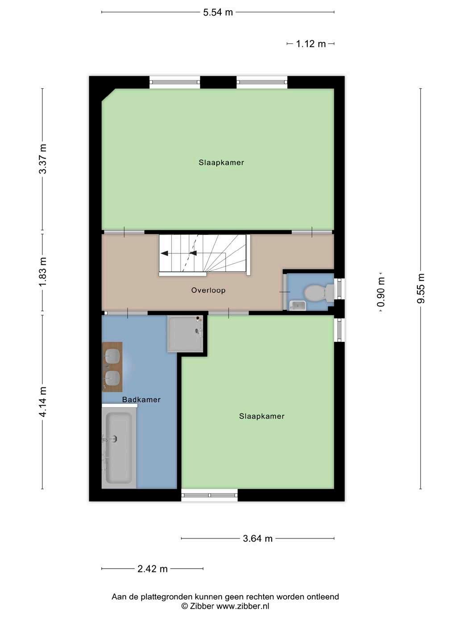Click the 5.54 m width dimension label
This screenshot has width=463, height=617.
pyautogui.click(x=218, y=12)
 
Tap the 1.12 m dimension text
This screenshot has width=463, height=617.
pyautogui.click(x=310, y=44)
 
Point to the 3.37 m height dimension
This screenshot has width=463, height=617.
pyautogui.click(x=43, y=159)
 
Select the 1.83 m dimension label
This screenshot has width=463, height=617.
pyautogui.click(x=43, y=272)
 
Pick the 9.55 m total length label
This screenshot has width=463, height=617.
pyautogui.click(x=421, y=288)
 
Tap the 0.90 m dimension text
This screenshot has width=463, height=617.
pyautogui.click(x=381, y=292)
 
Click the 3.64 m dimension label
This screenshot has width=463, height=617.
pyautogui.click(x=257, y=539)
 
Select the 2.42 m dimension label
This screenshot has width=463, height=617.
pyautogui.click(x=153, y=569)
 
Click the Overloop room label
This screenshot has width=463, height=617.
pyautogui.click(x=208, y=290)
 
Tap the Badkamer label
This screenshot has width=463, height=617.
pyautogui.click(x=141, y=400)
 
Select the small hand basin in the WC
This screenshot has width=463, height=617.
pyautogui.click(x=298, y=305)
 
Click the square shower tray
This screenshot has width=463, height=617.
pyautogui.click(x=185, y=333)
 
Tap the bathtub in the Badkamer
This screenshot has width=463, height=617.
pyautogui.click(x=119, y=448)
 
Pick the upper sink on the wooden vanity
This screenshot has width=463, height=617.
pyautogui.click(x=112, y=356)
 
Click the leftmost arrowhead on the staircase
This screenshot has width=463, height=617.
pyautogui.click(x=164, y=253)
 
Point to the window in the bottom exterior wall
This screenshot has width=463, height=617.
pyautogui.click(x=210, y=495)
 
